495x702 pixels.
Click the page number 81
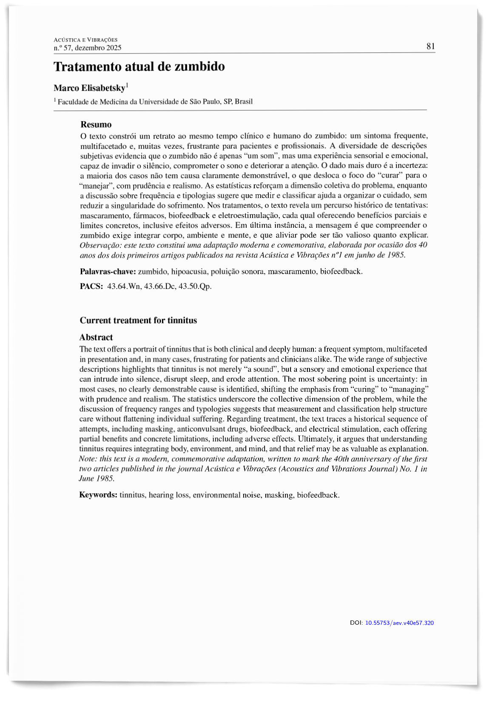(x=431, y=46)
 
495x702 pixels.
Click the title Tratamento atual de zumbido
(x=139, y=67)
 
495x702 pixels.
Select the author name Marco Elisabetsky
(x=89, y=88)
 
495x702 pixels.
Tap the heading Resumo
(x=96, y=125)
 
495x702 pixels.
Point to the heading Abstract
(x=96, y=337)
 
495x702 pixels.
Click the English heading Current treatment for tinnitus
(x=138, y=320)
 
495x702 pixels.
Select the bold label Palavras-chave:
(x=108, y=272)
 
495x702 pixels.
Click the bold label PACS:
(x=91, y=286)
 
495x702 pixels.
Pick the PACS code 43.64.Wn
(x=124, y=286)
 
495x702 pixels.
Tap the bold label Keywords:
(x=98, y=495)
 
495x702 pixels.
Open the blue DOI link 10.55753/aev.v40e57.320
(x=399, y=623)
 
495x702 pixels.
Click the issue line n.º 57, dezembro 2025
(x=88, y=48)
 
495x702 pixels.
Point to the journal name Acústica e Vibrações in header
(x=85, y=40)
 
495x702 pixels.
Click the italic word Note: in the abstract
(x=88, y=459)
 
